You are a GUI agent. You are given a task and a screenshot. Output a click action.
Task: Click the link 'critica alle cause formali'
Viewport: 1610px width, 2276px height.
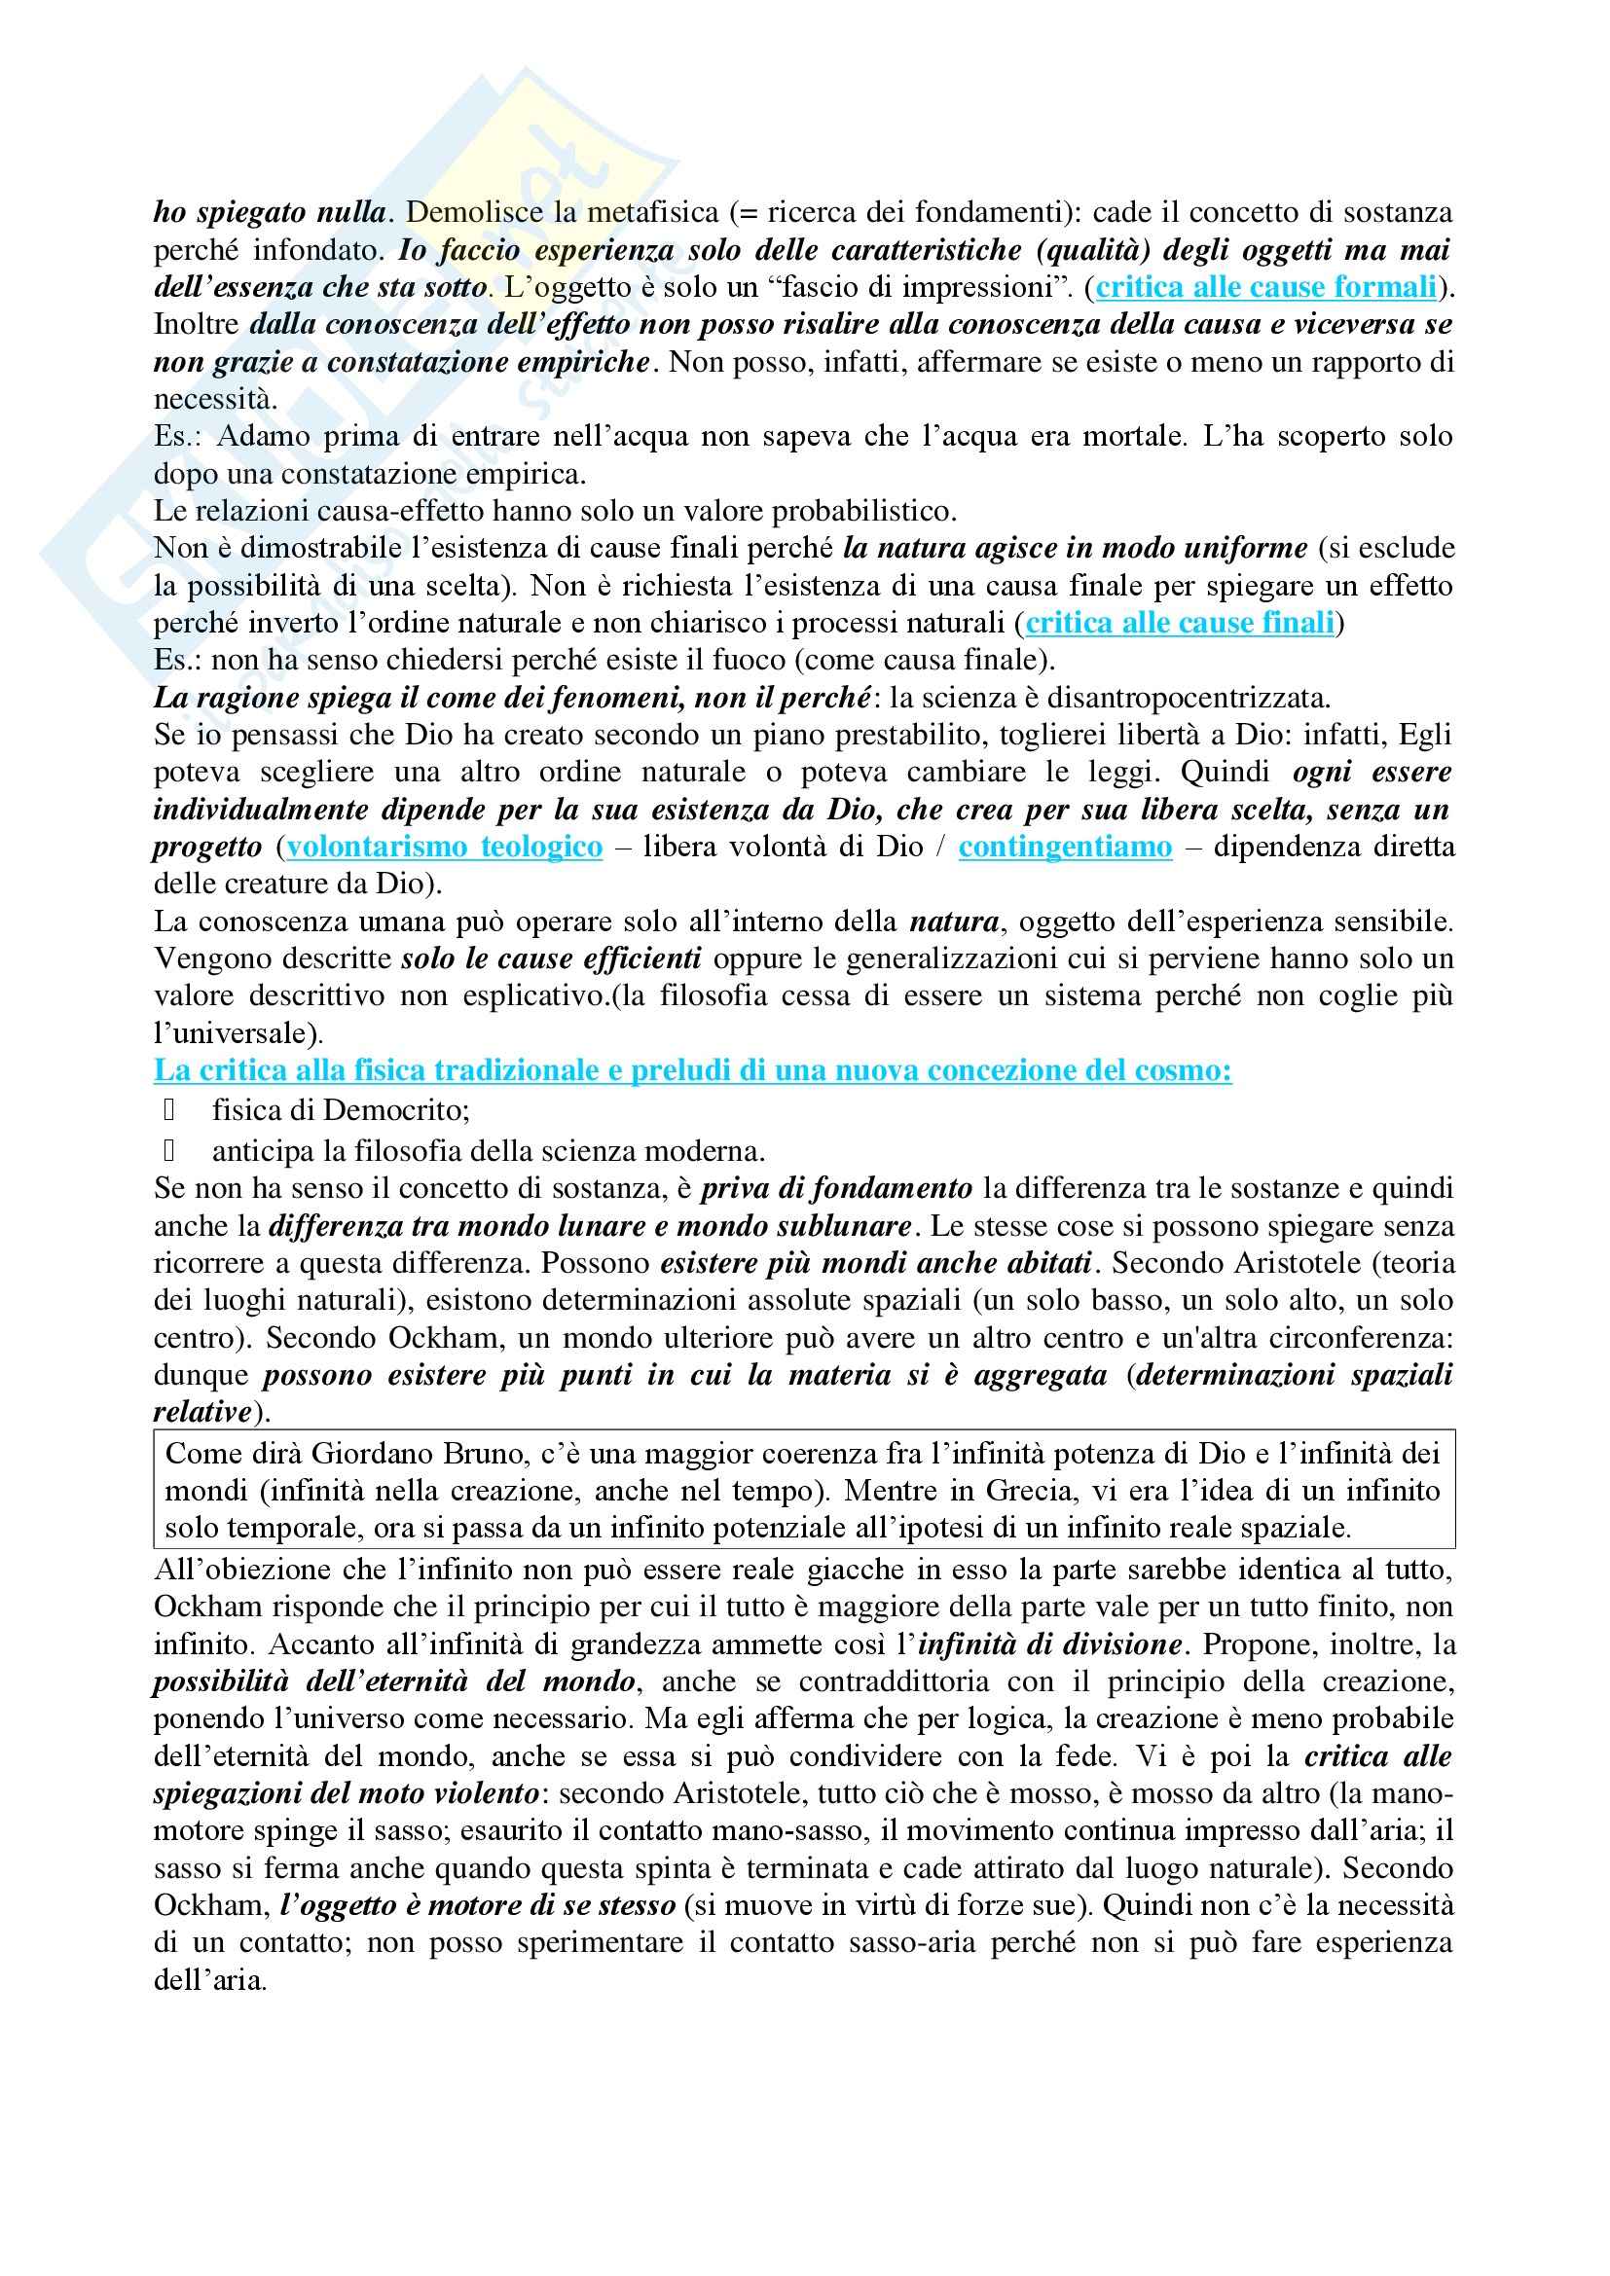[x=1266, y=287]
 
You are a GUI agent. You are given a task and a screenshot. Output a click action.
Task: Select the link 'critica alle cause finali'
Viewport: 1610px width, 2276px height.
[x=1180, y=624]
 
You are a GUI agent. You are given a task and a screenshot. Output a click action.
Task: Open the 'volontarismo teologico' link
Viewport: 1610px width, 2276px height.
[x=444, y=848]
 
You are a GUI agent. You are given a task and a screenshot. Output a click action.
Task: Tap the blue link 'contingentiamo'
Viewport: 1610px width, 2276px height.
[x=1065, y=848]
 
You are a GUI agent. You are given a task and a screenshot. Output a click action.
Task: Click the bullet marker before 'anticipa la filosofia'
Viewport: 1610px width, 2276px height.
[x=168, y=1151]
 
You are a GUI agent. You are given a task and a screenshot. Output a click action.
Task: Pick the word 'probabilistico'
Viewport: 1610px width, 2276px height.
[x=863, y=512]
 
